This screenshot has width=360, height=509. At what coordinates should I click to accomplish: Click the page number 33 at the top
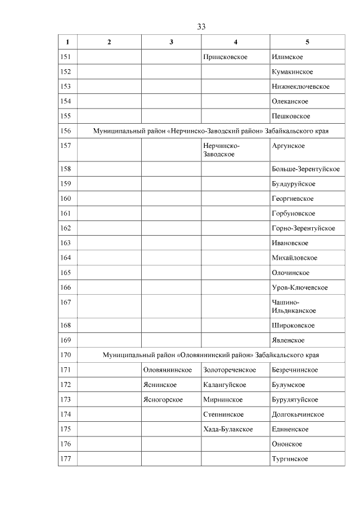point(201,26)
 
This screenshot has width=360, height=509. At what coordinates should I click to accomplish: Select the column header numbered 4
point(235,42)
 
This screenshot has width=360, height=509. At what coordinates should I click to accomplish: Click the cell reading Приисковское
point(225,57)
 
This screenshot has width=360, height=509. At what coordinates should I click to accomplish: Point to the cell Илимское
point(287,57)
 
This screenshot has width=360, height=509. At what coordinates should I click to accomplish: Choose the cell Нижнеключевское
point(300,87)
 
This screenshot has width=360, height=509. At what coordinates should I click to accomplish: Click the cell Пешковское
point(291,116)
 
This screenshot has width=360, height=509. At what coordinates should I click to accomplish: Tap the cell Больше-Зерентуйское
point(305,169)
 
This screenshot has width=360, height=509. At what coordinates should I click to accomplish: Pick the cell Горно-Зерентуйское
point(303,228)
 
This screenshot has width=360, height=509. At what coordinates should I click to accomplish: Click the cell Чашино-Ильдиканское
point(293,307)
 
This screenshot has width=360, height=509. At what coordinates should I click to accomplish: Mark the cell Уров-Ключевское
point(299,287)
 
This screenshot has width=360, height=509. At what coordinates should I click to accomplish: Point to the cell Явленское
point(288,340)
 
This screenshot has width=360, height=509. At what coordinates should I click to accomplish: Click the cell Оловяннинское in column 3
point(168,370)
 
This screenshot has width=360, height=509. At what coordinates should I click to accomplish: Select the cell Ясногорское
point(163,400)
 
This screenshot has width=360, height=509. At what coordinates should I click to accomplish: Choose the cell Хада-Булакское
point(228,430)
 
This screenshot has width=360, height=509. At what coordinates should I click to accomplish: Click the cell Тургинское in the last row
point(289,460)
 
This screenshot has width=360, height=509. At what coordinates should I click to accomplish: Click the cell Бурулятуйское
point(295,400)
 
